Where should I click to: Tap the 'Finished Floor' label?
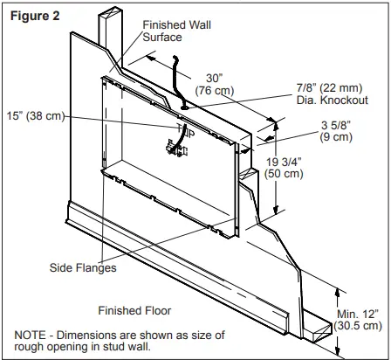click(x=134, y=310)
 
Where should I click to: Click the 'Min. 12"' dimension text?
click(x=360, y=313)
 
